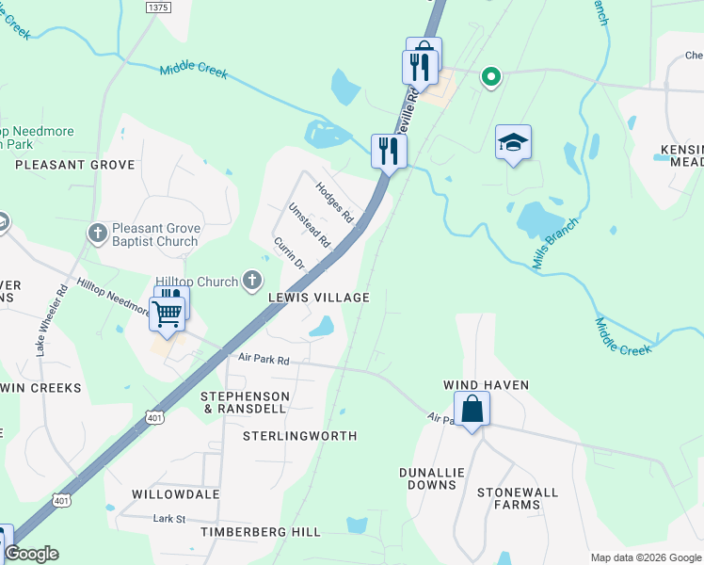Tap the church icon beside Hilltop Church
coord(251,280)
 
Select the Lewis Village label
coord(318,298)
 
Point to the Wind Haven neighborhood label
coord(488,385)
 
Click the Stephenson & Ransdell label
coord(245,403)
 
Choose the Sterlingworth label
coord(300,436)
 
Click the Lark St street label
coord(170,518)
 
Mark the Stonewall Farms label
coord(518,498)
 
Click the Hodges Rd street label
coord(334,202)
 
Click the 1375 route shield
coord(158,7)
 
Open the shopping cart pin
coord(167,314)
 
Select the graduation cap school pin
coord(514,143)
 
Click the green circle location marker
coord(489,77)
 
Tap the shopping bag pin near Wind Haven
coord(472,409)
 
